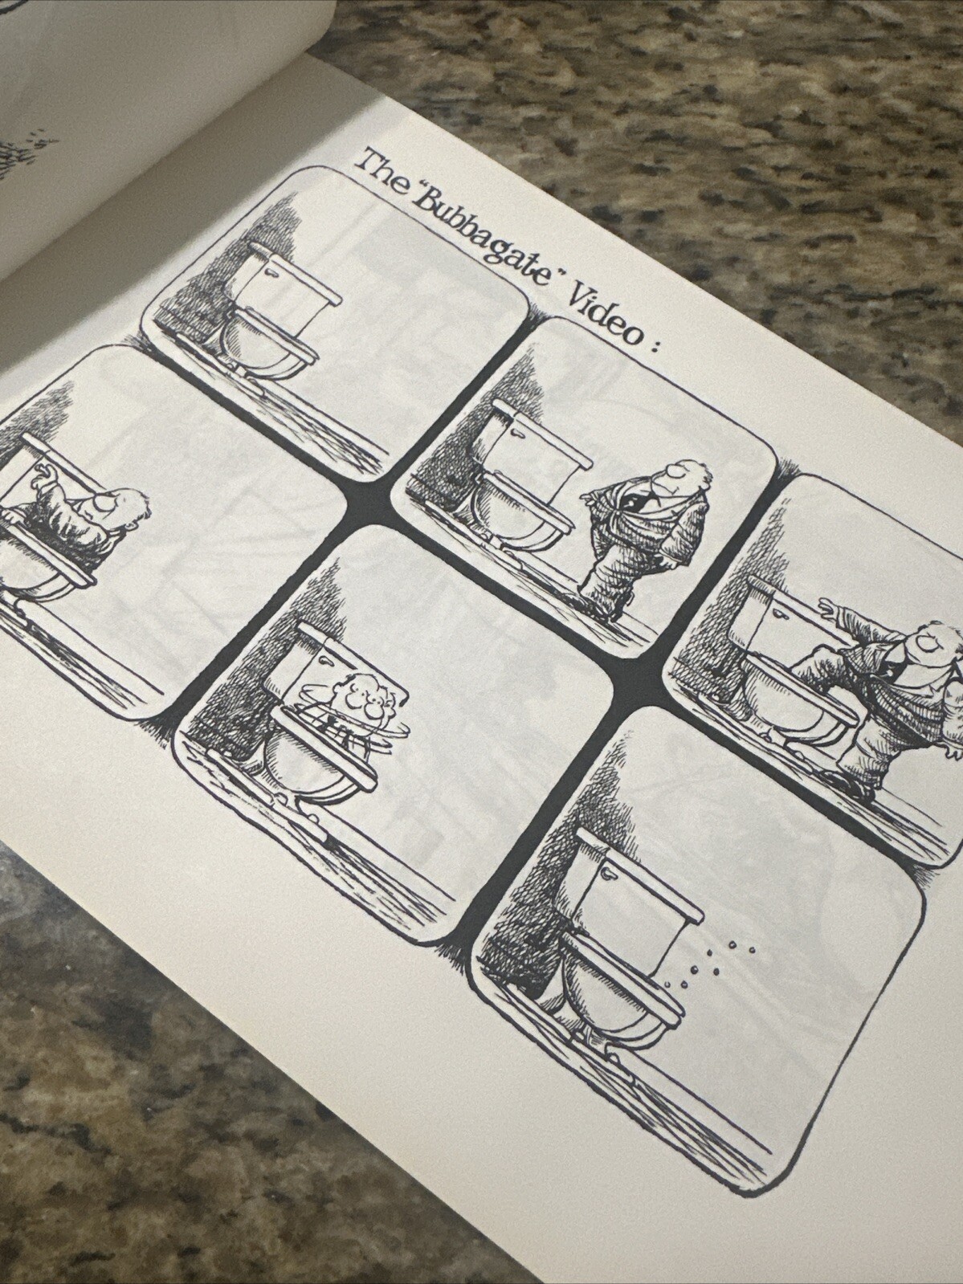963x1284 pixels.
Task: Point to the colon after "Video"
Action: coord(653,348)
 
